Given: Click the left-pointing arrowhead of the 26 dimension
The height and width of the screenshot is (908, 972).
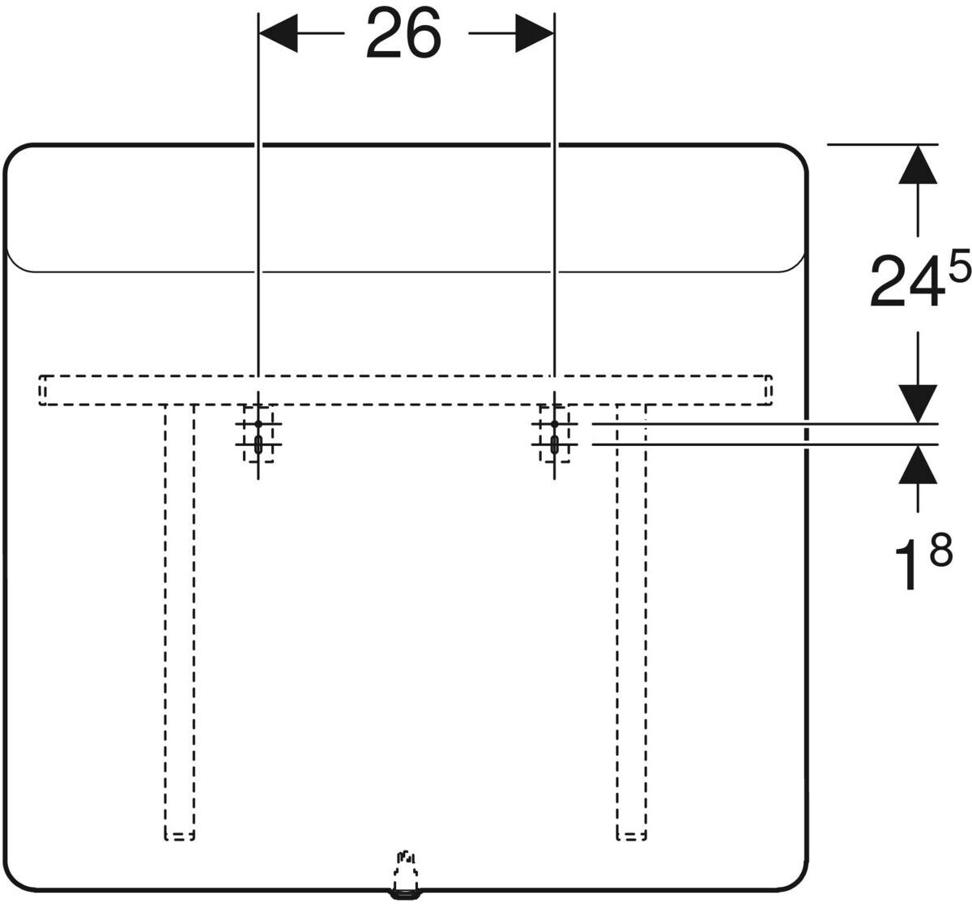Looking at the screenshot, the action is (278, 34).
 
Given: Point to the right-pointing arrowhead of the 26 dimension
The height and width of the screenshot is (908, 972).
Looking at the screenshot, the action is (535, 34).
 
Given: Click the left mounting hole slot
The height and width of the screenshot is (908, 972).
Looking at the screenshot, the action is (258, 444).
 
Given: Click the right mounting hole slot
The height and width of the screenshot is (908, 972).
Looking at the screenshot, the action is (554, 444).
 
